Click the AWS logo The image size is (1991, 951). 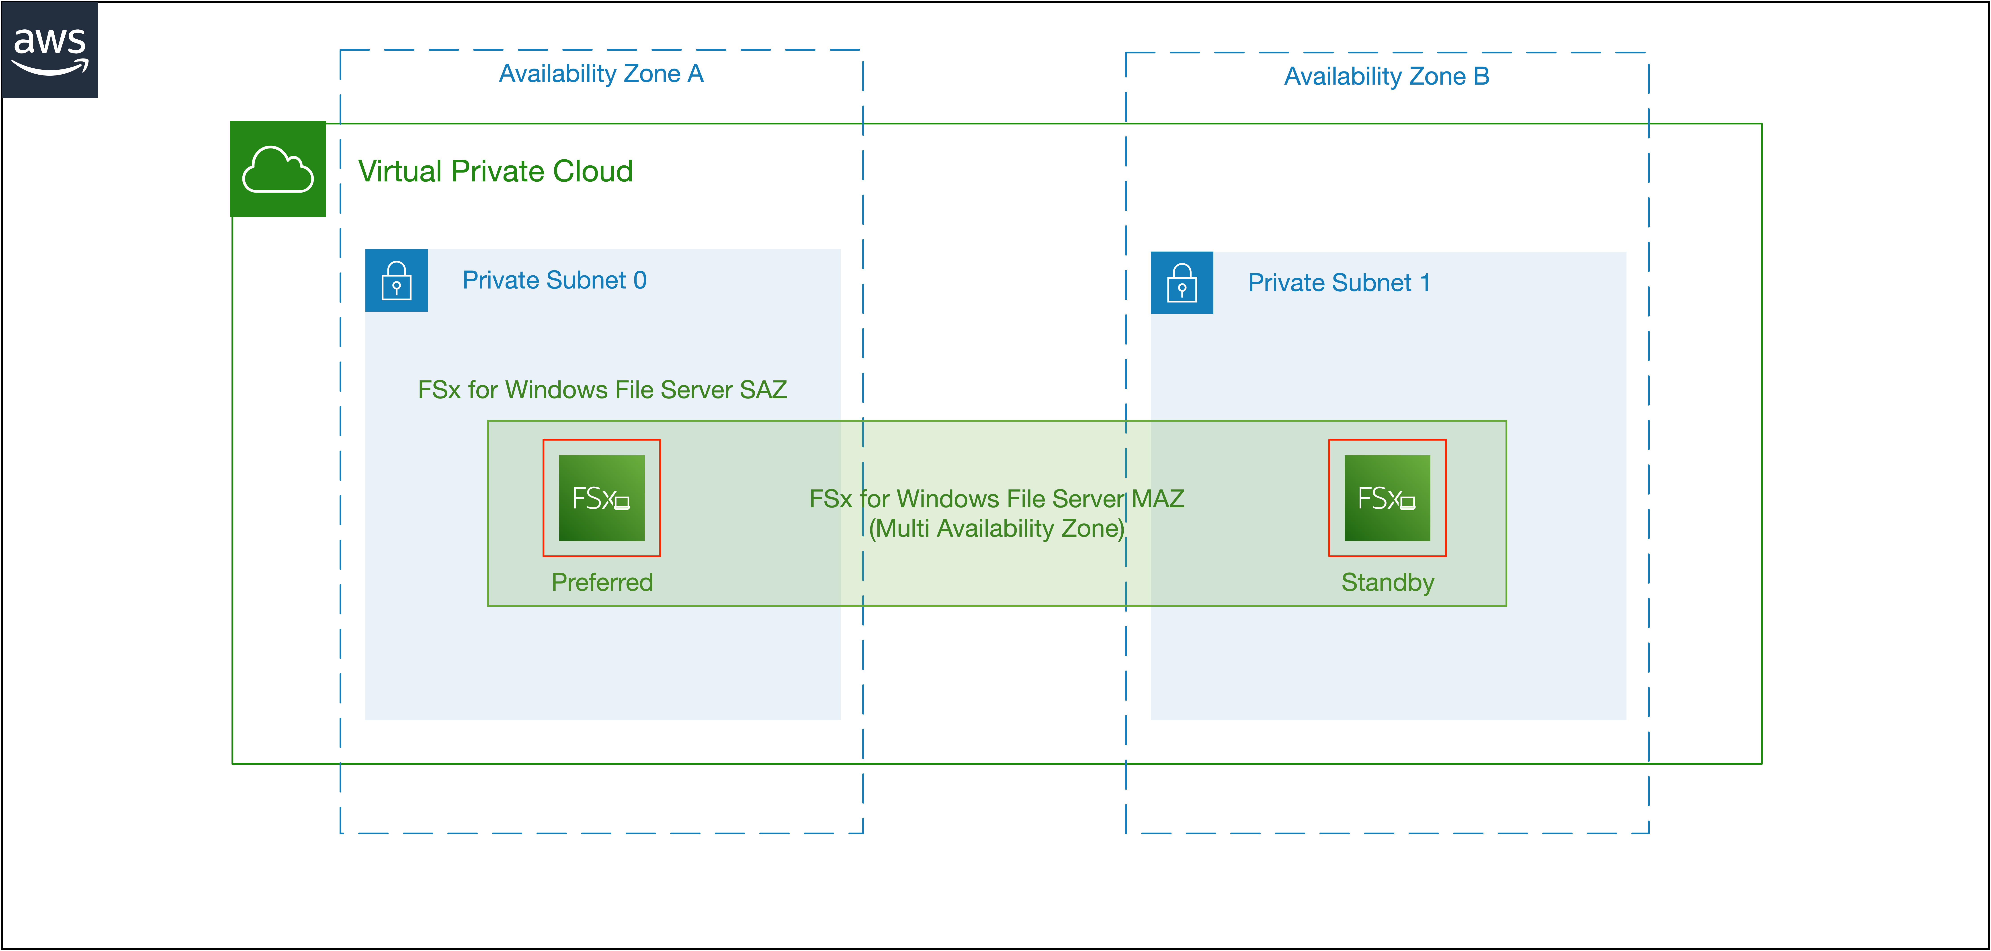pos(49,49)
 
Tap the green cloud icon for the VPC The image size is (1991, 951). pos(278,169)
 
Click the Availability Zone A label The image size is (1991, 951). pos(601,73)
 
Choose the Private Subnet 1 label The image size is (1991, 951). pos(1339,283)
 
